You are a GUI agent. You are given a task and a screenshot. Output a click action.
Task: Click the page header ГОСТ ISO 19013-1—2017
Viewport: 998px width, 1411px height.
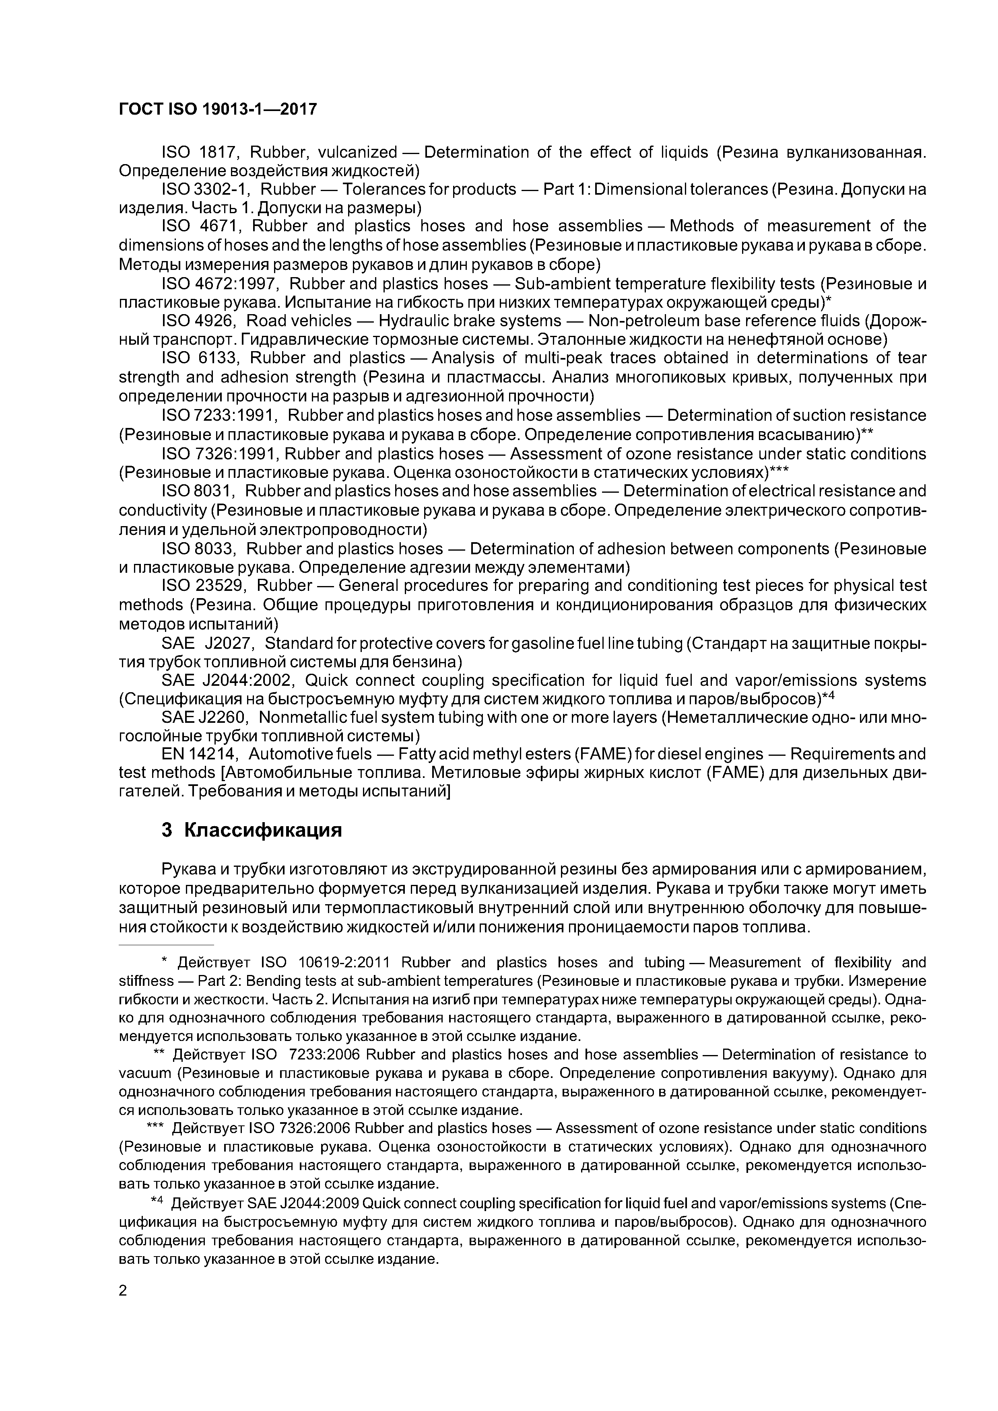pos(218,109)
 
